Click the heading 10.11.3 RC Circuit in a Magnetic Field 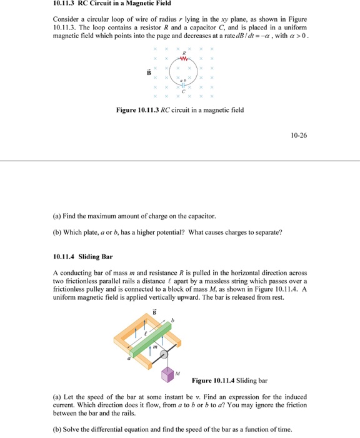(x=110, y=4)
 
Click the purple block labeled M (x=167, y=374)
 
